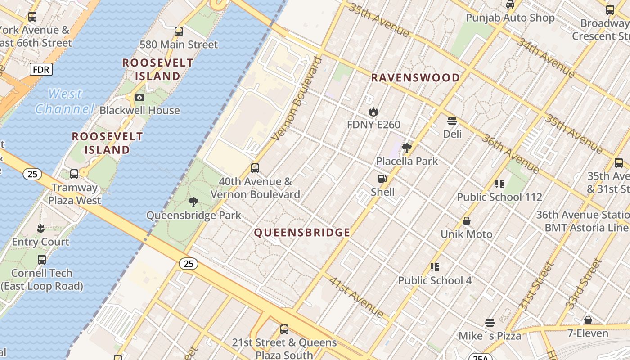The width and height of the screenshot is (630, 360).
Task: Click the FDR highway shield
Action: coord(41,70)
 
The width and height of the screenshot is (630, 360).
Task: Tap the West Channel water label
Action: coord(65,101)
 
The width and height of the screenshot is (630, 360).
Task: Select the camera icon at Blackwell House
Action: coord(139,97)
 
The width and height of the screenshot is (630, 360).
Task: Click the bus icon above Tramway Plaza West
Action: coord(74,174)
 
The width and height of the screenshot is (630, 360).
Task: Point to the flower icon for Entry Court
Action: coord(40,228)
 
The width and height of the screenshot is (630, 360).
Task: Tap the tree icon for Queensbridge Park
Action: coord(193,202)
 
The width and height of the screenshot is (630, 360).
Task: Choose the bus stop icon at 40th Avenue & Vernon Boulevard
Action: coord(255,168)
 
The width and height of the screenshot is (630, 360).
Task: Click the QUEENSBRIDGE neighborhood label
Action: coord(302,233)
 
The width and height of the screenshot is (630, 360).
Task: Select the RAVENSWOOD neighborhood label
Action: coord(415,78)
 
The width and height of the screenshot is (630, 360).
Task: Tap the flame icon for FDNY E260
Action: coord(373,111)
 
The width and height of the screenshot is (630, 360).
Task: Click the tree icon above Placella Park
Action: coord(407,148)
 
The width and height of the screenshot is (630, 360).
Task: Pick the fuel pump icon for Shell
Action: coord(382,179)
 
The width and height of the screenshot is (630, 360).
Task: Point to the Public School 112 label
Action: coord(499,197)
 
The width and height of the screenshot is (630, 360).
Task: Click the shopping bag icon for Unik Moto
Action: coord(467,221)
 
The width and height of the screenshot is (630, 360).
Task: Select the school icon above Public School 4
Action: coord(434,267)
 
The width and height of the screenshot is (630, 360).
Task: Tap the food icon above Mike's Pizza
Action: coord(490,323)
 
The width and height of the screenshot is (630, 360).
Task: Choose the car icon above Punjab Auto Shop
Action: coord(510,4)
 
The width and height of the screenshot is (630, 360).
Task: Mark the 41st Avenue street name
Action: coord(356,297)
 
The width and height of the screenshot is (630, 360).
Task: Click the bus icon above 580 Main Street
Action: coord(179,31)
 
